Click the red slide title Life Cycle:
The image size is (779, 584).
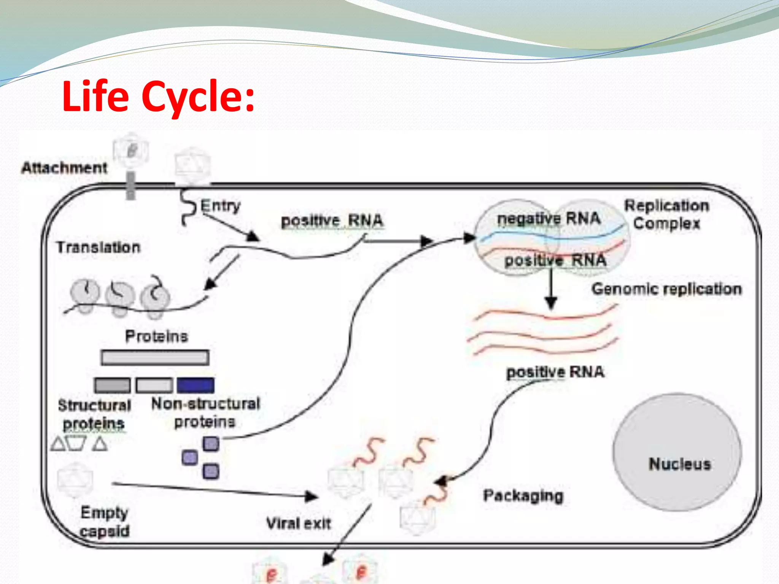tap(158, 97)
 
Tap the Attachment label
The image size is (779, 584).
tap(64, 168)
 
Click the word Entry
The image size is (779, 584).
tap(220, 206)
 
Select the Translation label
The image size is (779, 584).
tap(98, 247)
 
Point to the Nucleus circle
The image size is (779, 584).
tap(677, 452)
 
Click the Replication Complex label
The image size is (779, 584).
tap(667, 214)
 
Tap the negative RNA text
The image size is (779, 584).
tap(549, 219)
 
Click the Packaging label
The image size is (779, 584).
tap(523, 496)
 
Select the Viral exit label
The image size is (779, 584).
tap(298, 524)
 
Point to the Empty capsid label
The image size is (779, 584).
tap(105, 522)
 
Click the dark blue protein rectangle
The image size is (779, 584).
tap(196, 385)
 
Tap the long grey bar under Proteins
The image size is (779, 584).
tap(155, 358)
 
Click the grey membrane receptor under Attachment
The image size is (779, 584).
tap(130, 186)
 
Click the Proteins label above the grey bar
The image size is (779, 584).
tap(156, 336)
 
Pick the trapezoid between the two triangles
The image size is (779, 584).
tap(76, 443)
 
